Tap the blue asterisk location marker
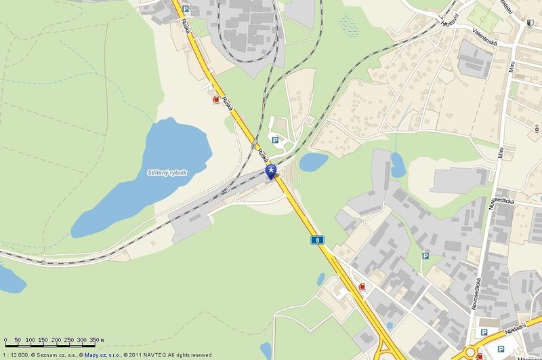(272, 172)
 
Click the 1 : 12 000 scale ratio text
(14, 355)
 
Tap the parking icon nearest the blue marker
(276, 140)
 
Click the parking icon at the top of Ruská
(185, 9)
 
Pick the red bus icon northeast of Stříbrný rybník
(215, 100)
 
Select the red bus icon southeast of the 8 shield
(363, 287)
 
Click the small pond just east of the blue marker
(314, 161)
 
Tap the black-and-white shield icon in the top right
(530, 24)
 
